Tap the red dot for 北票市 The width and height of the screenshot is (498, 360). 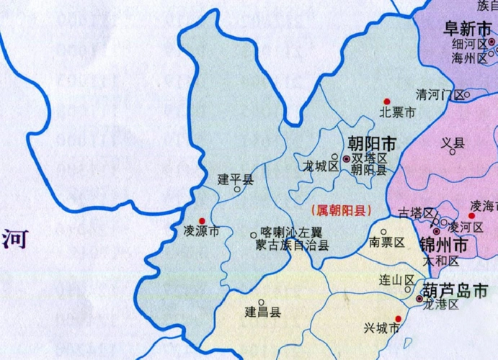pyautogui.click(x=387, y=101)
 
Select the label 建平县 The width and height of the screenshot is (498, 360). pyautogui.click(x=236, y=178)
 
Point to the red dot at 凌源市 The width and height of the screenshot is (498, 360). pyautogui.click(x=202, y=220)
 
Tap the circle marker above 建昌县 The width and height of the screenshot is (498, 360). pyautogui.click(x=262, y=302)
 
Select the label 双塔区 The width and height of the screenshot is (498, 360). pyautogui.click(x=370, y=158)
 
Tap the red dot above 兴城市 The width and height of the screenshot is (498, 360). pyautogui.click(x=397, y=318)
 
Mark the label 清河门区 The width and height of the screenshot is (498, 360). pyautogui.click(x=440, y=94)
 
